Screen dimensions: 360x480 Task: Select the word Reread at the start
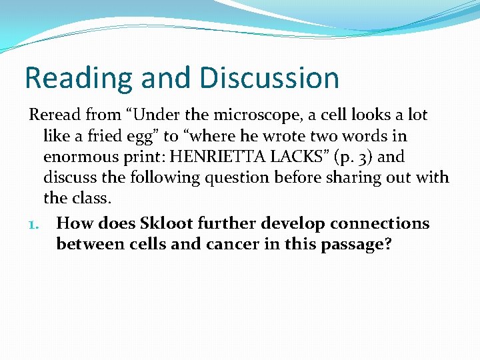pyautogui.click(x=53, y=115)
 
